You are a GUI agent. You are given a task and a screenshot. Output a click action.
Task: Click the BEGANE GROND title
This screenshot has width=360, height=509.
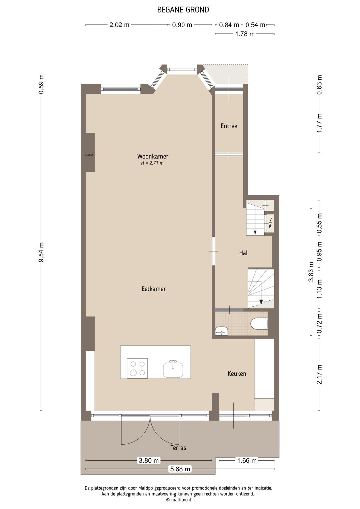pos(183,10)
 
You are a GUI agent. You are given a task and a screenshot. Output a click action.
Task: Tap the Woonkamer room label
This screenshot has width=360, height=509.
pos(153,156)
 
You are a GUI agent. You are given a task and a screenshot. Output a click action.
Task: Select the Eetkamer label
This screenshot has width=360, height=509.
pos(153,289)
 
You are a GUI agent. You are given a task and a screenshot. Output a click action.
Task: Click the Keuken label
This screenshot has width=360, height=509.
pos(237,374)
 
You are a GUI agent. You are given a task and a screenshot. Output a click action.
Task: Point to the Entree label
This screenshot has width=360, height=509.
pos(229,126)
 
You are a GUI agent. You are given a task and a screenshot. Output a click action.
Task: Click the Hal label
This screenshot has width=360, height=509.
pos(243,253)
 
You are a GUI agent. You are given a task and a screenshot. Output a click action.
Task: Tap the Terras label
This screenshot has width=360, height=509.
pos(178,448)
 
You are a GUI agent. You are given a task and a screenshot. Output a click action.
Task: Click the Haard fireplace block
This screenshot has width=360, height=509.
pos(89,153)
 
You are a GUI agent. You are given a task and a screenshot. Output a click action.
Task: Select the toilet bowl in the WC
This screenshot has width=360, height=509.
pos(259,324)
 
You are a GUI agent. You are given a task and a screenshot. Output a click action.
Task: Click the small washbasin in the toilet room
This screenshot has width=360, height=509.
pos(221,331)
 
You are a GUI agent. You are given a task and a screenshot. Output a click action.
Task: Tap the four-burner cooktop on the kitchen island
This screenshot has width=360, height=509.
pos(137,368)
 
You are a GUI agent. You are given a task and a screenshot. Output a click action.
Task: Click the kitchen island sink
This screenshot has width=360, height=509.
pos(173,369)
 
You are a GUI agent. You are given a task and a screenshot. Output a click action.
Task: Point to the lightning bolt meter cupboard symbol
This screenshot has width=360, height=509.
pos(270,222)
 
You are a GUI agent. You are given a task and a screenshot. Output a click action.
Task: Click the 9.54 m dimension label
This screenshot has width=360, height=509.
pos(41,252)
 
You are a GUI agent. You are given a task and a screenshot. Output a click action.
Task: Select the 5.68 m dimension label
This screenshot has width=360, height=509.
pos(180,469)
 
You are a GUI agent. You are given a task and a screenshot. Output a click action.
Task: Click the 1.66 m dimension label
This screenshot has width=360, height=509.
pos(247,461)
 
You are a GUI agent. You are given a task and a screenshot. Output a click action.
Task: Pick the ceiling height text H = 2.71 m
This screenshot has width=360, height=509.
pos(152,163)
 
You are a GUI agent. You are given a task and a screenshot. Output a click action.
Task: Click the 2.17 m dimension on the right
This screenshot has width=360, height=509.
pos(319,374)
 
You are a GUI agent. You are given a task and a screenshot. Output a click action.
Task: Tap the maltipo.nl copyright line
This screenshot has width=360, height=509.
pos(178,500)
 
